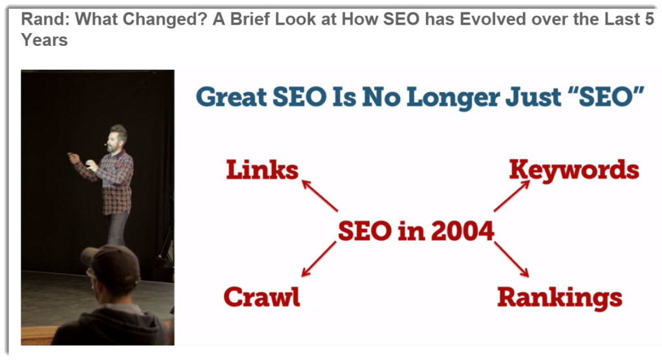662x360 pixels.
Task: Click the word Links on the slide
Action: tap(262, 170)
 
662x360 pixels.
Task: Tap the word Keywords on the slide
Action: tap(574, 171)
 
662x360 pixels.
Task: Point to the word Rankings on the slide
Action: tap(560, 298)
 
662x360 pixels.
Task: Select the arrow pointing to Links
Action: tap(319, 195)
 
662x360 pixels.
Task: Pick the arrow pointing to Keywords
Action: tap(512, 196)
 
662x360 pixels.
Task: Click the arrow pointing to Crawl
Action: tap(319, 259)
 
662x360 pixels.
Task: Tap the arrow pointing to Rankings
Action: tap(511, 259)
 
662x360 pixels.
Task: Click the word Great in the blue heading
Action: tap(231, 97)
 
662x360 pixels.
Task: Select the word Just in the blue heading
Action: tap(533, 97)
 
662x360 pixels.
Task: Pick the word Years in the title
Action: tap(45, 40)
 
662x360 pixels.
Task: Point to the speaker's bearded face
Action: tap(114, 140)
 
